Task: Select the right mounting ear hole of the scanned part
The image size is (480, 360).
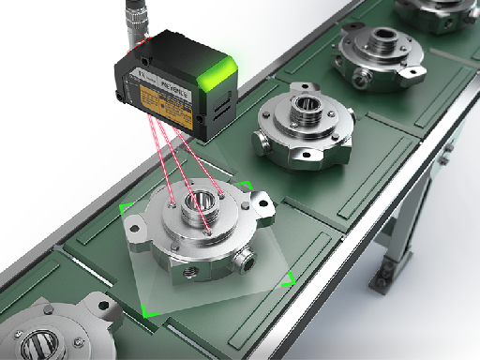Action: (260, 200)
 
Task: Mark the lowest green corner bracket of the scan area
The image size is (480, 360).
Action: (146, 308)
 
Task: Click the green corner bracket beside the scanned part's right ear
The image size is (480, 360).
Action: (245, 185)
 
